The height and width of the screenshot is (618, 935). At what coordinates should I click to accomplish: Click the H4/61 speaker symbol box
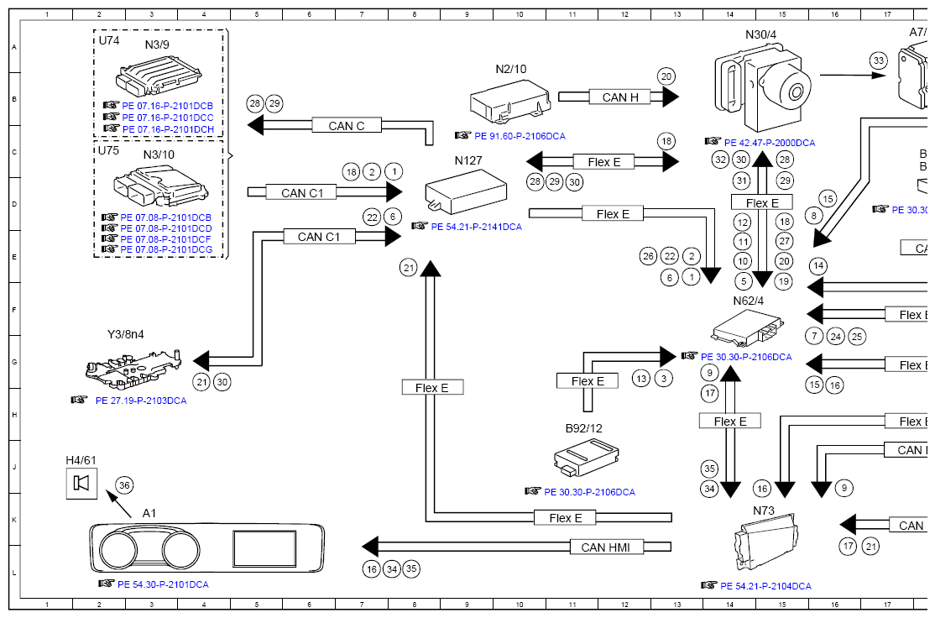click(x=82, y=483)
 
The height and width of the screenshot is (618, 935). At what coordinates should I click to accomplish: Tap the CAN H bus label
click(x=620, y=97)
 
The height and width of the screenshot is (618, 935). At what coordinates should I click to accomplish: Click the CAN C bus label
click(x=346, y=126)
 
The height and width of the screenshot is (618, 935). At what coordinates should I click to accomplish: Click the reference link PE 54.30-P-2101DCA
click(x=163, y=584)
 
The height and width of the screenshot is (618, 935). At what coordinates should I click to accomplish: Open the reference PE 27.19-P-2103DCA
click(x=141, y=401)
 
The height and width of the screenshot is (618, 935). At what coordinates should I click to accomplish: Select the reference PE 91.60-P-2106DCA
click(x=520, y=135)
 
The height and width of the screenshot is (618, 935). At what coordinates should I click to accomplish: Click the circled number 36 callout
click(x=124, y=484)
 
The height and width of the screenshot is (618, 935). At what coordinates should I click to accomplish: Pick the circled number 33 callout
click(x=878, y=60)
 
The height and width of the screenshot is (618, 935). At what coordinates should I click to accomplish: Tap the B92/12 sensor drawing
click(x=587, y=459)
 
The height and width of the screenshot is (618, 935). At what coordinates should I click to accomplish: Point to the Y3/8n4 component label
click(x=126, y=334)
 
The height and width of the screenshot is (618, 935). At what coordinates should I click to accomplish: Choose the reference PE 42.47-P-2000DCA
click(x=769, y=143)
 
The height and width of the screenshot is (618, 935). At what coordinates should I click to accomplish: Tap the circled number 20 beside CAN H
click(x=666, y=76)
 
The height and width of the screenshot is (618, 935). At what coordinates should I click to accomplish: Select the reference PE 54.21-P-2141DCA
click(x=476, y=227)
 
